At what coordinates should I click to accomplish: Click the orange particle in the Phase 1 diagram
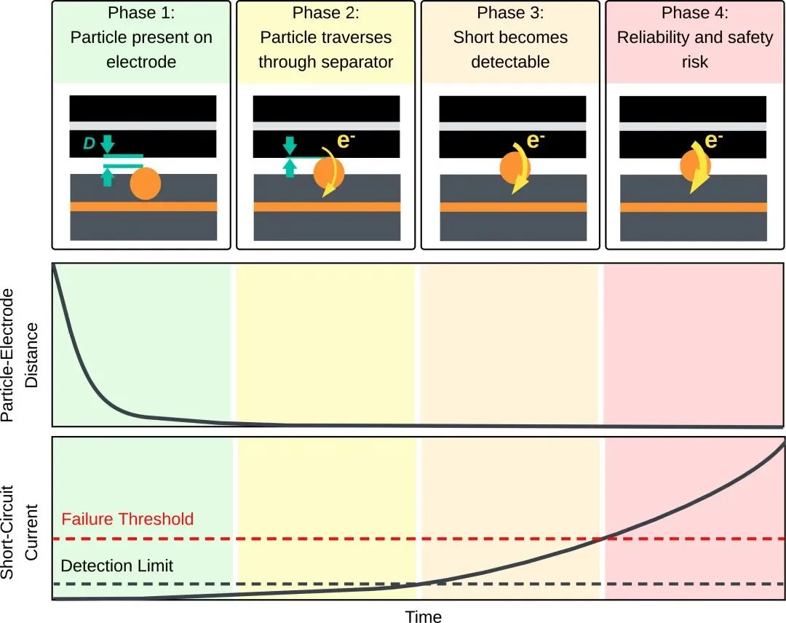tap(146, 184)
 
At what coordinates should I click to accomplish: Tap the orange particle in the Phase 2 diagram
tap(329, 172)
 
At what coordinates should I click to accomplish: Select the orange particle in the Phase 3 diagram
tap(515, 168)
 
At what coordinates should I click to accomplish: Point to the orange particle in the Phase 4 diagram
tap(695, 165)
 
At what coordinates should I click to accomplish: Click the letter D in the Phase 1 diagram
tap(89, 144)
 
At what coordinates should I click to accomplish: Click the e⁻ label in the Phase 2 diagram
tap(346, 140)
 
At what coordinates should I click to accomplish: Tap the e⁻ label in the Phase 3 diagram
tap(536, 140)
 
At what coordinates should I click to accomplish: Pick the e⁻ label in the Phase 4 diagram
tap(713, 140)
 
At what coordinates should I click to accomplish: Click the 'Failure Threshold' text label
tap(127, 519)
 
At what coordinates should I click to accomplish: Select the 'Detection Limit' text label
tap(116, 566)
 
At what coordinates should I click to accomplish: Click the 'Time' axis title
tap(424, 616)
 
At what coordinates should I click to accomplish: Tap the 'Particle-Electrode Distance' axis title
tap(20, 355)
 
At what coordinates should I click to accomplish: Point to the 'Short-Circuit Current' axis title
tap(20, 532)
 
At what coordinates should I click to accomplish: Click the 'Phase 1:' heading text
tap(141, 12)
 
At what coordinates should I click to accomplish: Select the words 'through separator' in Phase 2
tap(326, 62)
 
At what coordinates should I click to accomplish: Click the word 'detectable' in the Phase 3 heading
tap(510, 62)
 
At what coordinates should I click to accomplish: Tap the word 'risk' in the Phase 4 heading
tap(695, 62)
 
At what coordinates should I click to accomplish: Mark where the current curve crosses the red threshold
tap(604, 539)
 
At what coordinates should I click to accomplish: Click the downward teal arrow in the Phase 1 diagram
tap(107, 144)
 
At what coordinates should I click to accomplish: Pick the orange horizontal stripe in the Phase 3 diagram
tap(513, 207)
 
